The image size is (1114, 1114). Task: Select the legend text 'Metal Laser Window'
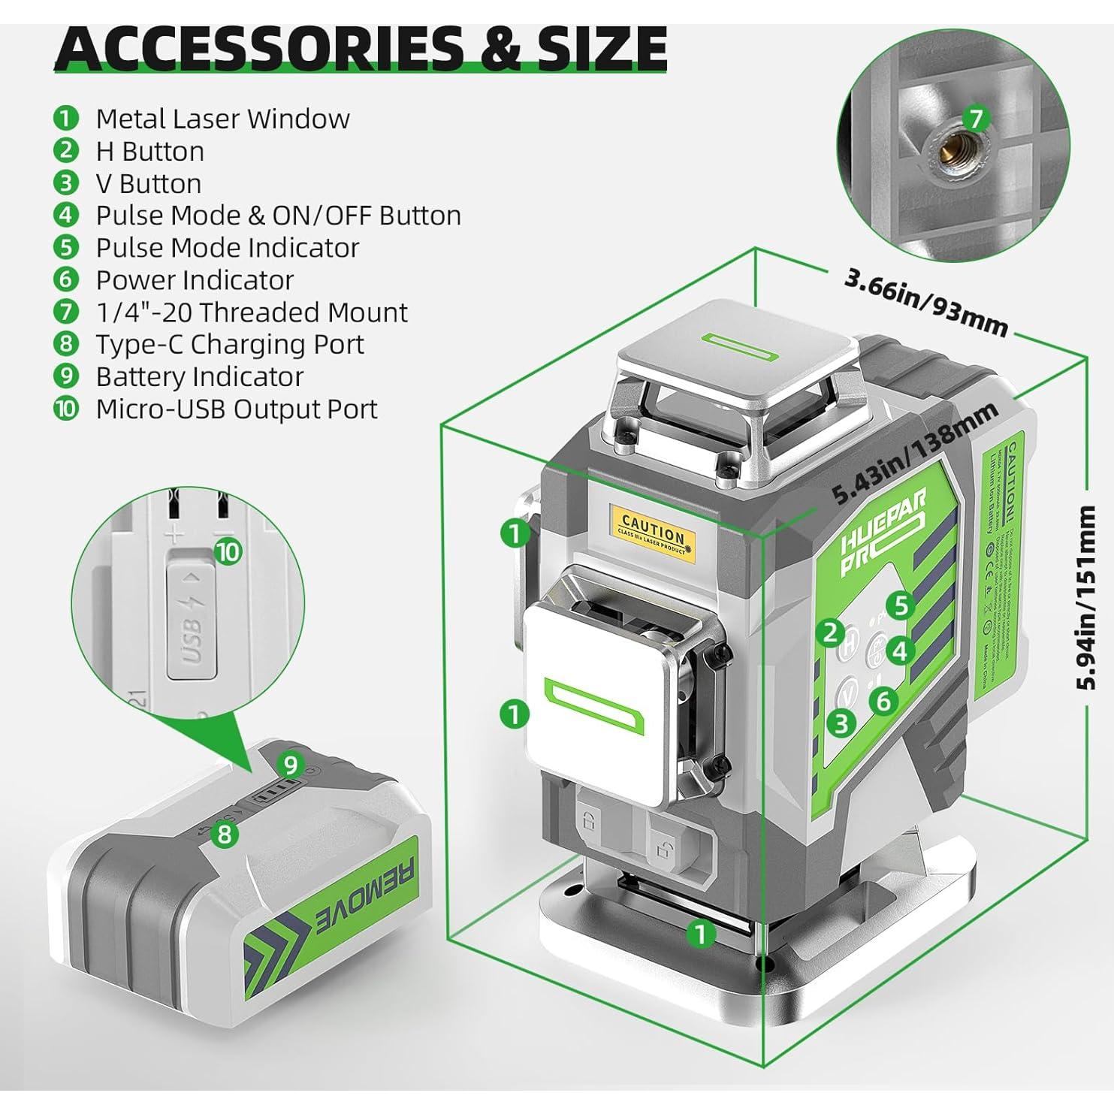click(x=222, y=119)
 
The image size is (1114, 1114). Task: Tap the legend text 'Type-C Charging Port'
click(x=229, y=344)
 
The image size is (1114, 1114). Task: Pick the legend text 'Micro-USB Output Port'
click(x=237, y=409)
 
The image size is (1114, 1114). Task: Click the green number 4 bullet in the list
click(x=66, y=215)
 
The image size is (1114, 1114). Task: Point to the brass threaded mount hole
click(x=945, y=148)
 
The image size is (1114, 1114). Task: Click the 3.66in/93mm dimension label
click(x=925, y=301)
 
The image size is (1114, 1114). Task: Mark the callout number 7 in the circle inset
click(x=975, y=118)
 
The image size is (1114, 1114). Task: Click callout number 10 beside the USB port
click(x=228, y=552)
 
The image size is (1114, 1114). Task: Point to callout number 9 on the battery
click(x=290, y=765)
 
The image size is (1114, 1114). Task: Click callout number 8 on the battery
click(x=225, y=833)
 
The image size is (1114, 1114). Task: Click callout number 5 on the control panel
click(x=900, y=605)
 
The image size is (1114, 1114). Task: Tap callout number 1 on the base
click(x=700, y=934)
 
